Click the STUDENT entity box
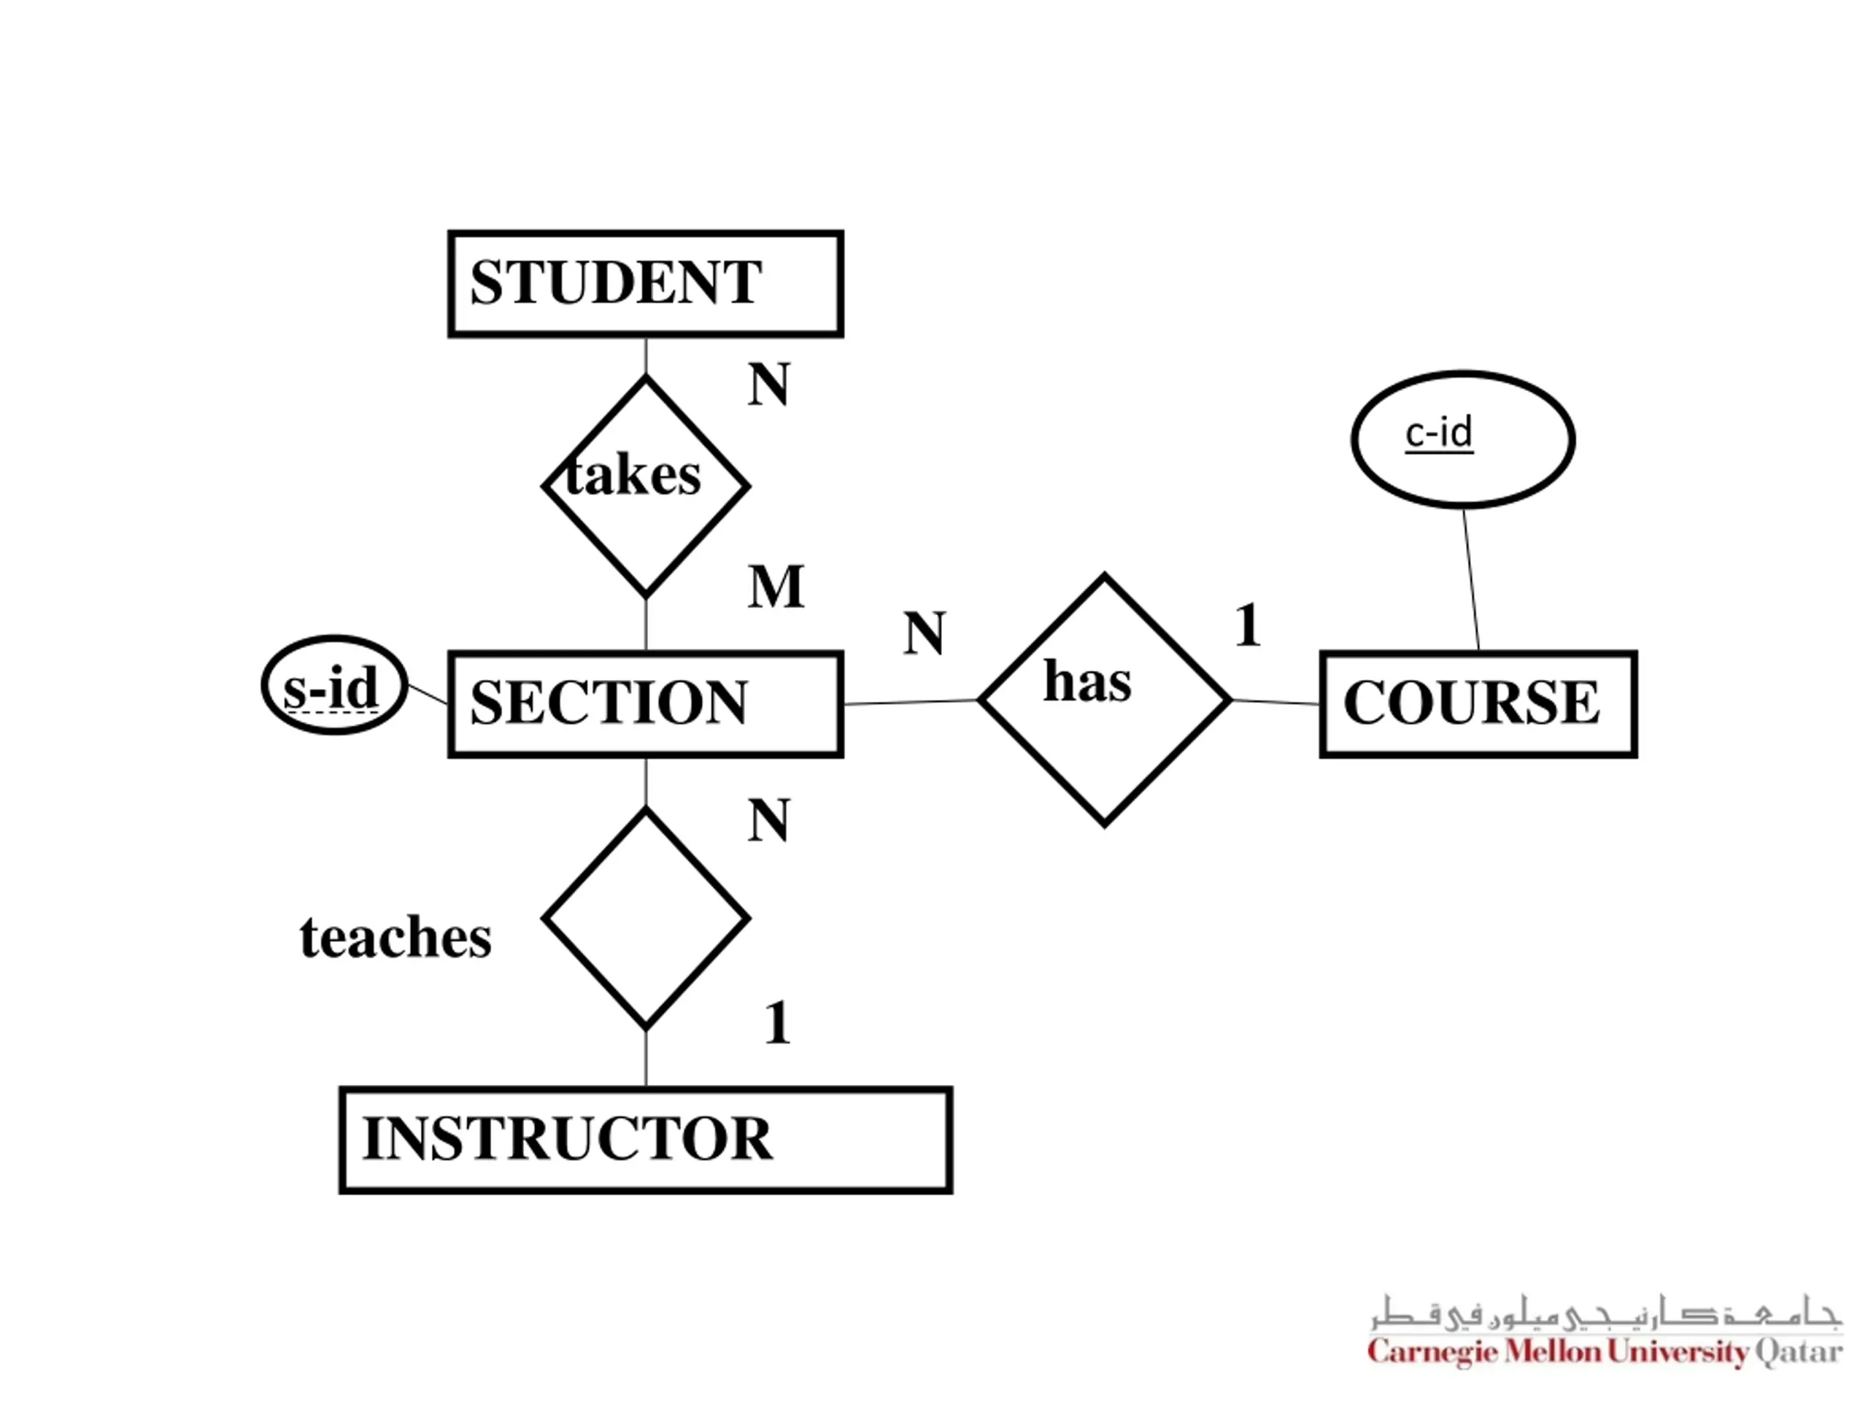(645, 284)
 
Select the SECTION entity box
(645, 703)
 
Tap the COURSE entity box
(1478, 703)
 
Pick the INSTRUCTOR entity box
(645, 1139)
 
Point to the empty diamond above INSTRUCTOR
(645, 918)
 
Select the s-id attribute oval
(334, 685)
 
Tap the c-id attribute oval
(1462, 439)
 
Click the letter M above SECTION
(775, 586)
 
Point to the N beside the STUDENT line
(768, 385)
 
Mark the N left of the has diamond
(924, 633)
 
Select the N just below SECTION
(768, 820)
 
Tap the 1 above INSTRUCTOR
(777, 1024)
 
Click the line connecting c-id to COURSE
(1471, 579)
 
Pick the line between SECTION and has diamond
(911, 701)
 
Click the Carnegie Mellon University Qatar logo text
(1605, 1352)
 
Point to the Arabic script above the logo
(1605, 1314)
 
